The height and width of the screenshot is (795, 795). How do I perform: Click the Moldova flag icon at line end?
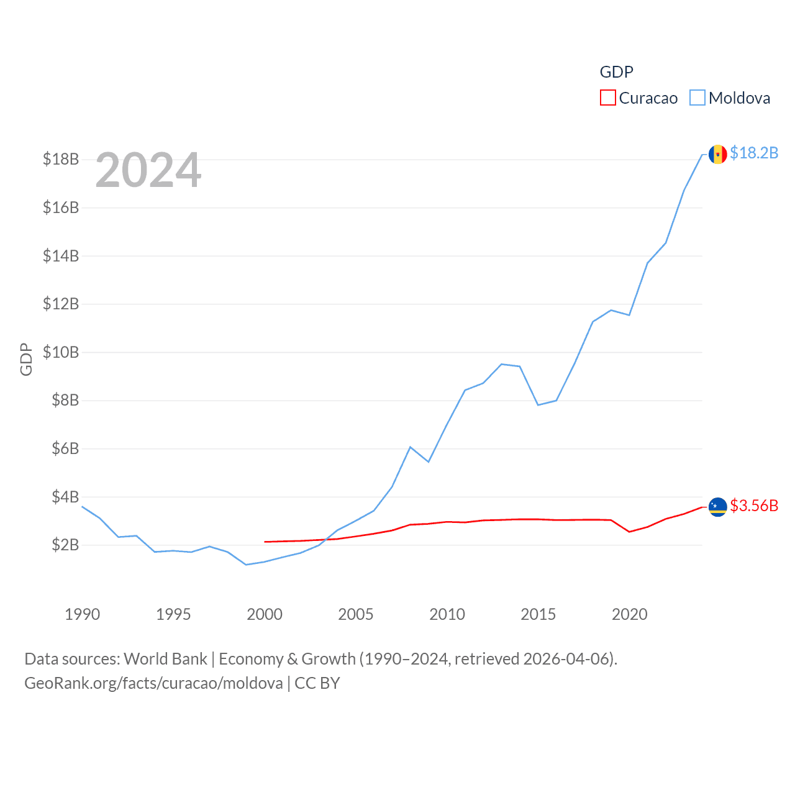(717, 154)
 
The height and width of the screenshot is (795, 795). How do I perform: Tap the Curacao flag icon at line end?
(717, 507)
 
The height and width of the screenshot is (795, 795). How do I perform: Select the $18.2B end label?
(754, 153)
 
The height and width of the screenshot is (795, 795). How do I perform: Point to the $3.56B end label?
(754, 506)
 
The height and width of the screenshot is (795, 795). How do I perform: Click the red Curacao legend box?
(607, 98)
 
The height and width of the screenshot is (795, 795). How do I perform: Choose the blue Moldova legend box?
(697, 98)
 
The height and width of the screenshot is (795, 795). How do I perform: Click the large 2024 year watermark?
(148, 170)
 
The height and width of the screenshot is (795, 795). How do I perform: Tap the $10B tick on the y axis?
(61, 352)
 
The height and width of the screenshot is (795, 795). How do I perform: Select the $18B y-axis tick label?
(61, 159)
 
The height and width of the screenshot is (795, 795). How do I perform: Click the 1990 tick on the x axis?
(82, 614)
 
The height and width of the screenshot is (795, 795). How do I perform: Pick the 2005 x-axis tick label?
(356, 614)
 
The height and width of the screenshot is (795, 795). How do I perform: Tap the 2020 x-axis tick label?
(630, 614)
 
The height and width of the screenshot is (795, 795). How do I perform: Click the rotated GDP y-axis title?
(26, 359)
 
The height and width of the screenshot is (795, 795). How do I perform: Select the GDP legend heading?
(616, 72)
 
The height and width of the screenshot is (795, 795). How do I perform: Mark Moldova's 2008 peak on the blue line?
(411, 447)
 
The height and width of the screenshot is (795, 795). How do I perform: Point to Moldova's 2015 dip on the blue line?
(538, 405)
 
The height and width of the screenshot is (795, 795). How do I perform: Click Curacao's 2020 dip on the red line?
(630, 532)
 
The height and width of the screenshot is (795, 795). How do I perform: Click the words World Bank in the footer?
(165, 658)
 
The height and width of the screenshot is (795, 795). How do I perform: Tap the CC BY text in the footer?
(317, 683)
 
